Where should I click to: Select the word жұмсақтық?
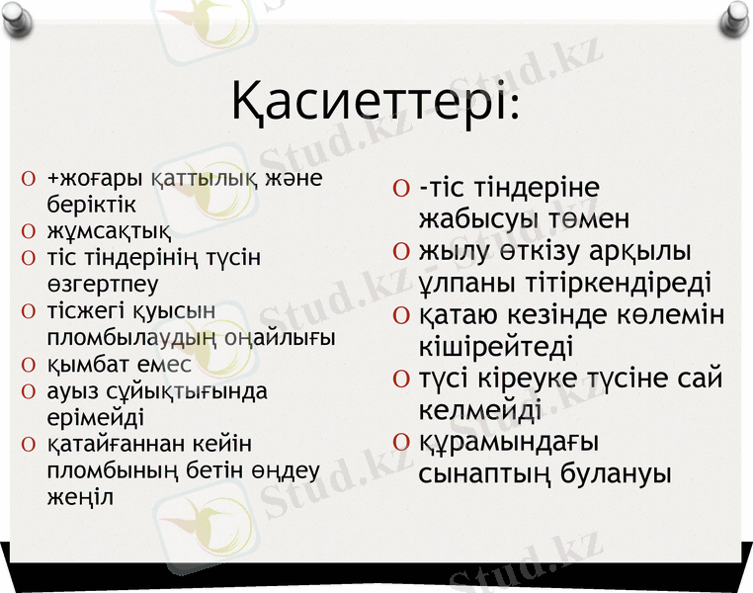point(109,232)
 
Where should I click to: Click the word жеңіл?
point(80,496)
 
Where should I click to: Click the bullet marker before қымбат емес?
point(29,365)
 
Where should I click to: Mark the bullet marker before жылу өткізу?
point(400,252)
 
